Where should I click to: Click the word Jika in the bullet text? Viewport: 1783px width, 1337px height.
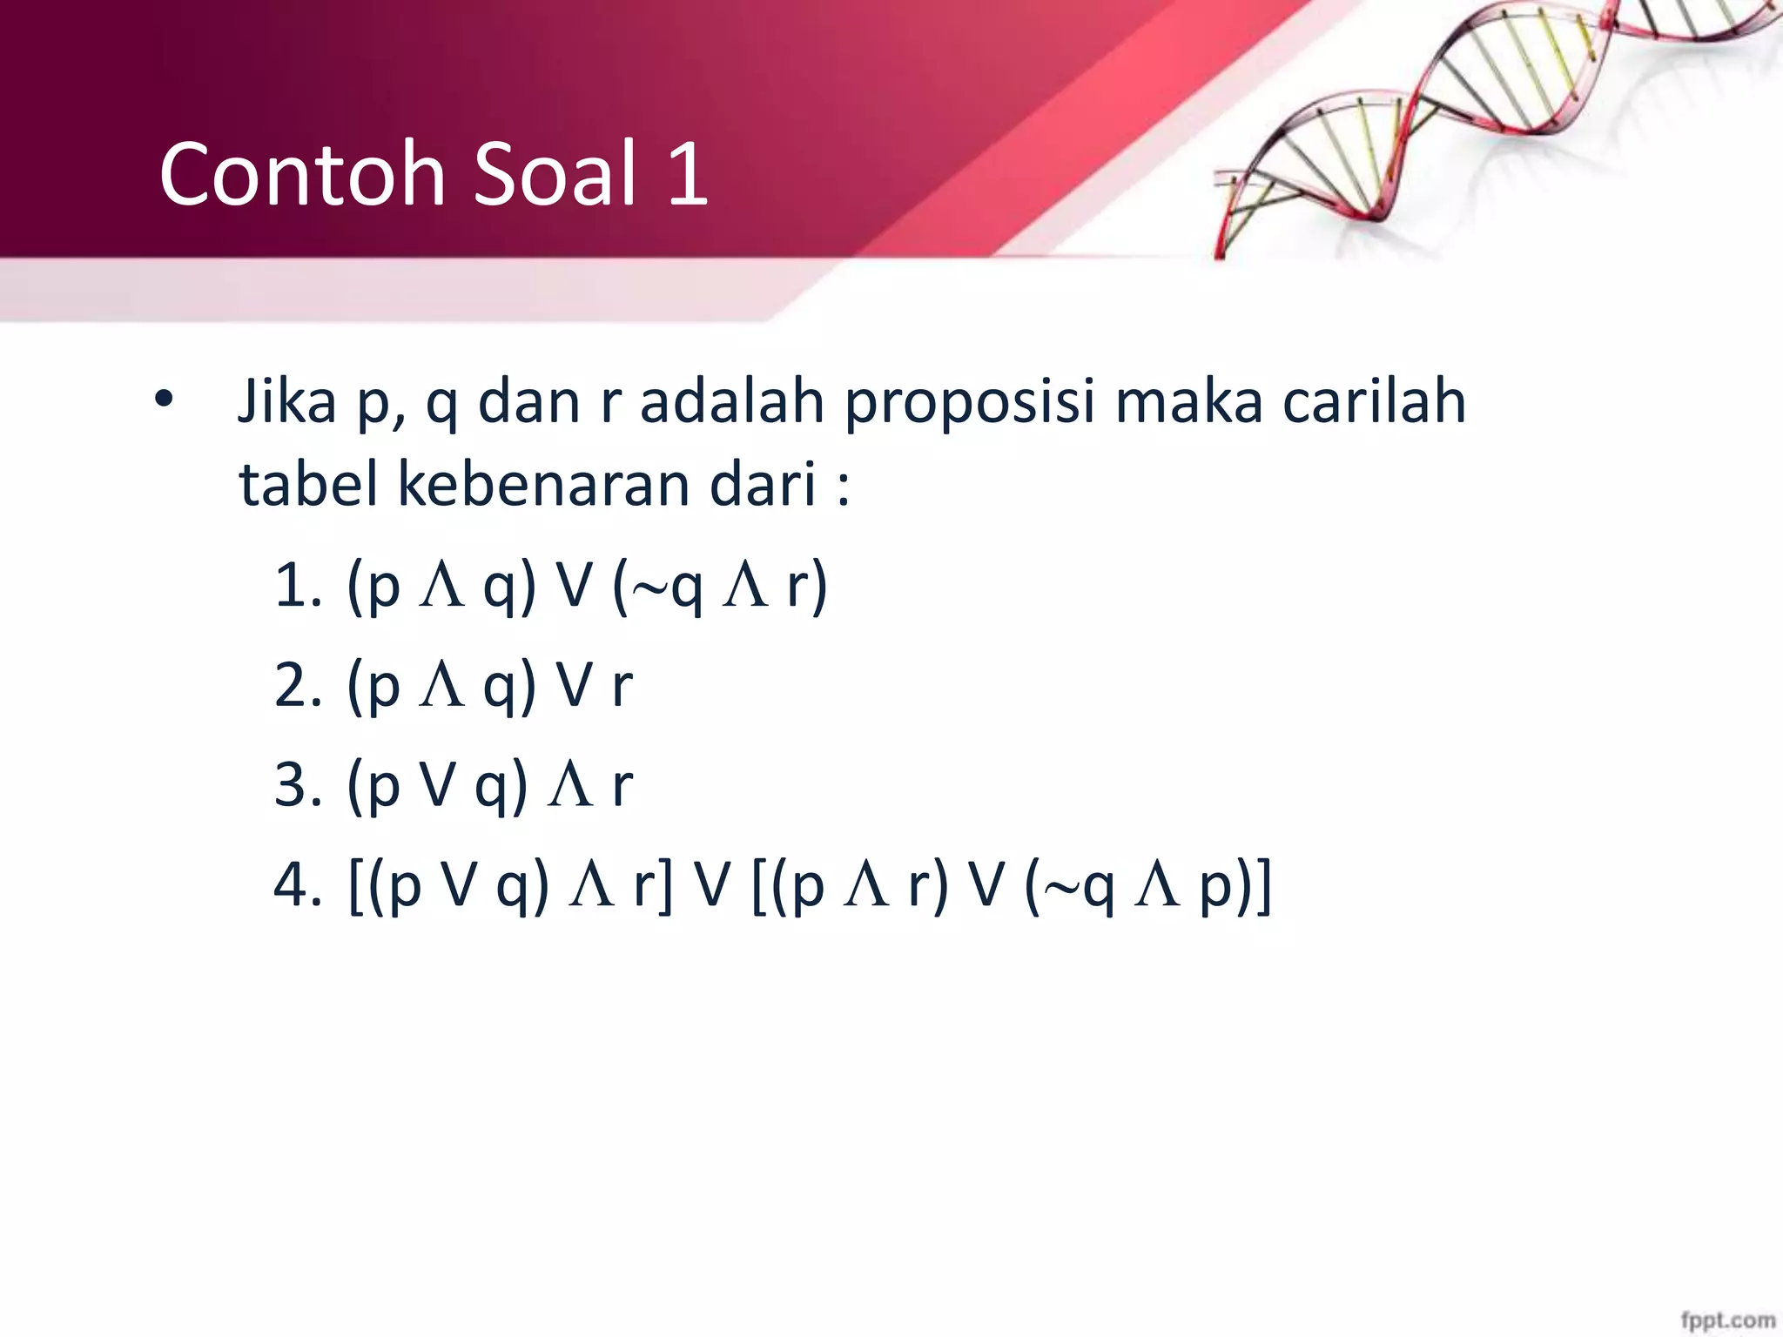click(287, 402)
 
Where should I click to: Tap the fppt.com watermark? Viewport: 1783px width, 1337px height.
click(1727, 1320)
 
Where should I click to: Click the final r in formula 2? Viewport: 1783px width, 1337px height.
click(622, 688)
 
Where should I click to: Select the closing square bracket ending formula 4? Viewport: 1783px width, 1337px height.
click(1262, 888)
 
